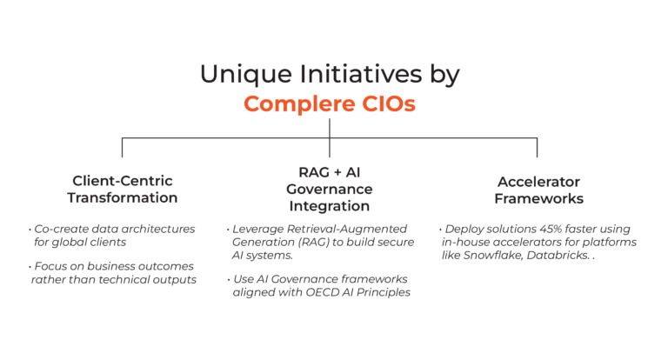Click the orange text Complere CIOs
329,104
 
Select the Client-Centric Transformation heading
124,189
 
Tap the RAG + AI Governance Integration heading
329,189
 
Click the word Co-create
60,228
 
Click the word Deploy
467,228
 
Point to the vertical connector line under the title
329,129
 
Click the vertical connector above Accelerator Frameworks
537,147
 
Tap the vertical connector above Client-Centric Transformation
122,147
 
